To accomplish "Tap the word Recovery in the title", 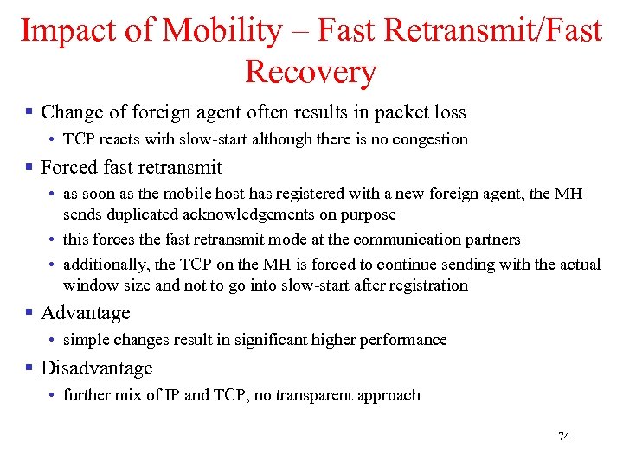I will coord(311,72).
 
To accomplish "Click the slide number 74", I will coord(564,437).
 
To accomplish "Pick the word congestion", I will coord(431,139).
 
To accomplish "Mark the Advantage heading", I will coord(85,313).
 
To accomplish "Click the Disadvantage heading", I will coord(96,368).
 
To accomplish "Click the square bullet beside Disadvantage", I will coord(29,368).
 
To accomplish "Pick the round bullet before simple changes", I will coord(53,340).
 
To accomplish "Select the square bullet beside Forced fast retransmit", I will coord(29,168).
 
